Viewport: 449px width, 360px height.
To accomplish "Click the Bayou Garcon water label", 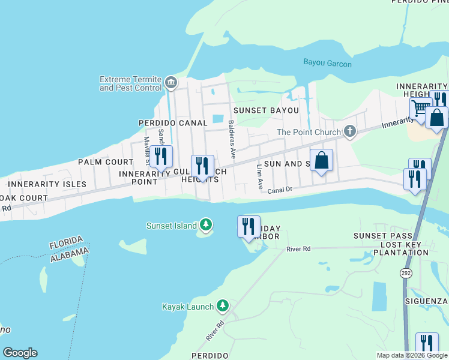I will coord(327,64).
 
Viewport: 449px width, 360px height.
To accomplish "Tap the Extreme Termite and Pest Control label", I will coord(131,83).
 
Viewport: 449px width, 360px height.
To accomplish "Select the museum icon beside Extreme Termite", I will coord(171,83).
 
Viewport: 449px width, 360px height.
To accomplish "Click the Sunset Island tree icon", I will coord(206,225).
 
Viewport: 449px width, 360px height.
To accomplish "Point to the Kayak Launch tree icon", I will coord(223,306).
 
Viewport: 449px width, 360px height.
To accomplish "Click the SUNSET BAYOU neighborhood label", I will coord(266,110).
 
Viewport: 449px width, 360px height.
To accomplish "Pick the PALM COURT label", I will coord(105,162).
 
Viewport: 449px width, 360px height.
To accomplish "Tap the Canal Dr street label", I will coord(280,190).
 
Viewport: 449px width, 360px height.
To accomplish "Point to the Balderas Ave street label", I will coord(231,139).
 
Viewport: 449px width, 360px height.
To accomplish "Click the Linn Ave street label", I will coord(260,176).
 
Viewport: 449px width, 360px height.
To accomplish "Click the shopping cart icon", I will coord(421,109).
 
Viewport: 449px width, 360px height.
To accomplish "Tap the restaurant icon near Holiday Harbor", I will coord(249,226).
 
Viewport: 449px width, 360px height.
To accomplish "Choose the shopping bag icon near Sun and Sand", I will coord(321,160).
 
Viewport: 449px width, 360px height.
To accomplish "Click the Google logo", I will coord(20,353).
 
